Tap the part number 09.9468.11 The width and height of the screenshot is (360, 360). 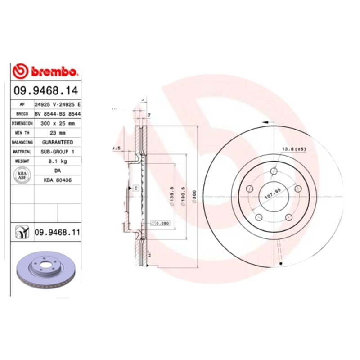(x=57, y=232)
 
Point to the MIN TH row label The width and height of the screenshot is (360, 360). (x=22, y=133)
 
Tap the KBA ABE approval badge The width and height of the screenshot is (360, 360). (x=22, y=175)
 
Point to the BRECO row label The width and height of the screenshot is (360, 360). (x=22, y=114)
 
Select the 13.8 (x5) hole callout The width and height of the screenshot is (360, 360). (x=294, y=148)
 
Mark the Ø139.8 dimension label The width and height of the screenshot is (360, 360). (x=172, y=196)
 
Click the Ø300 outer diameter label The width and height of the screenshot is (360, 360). (x=194, y=197)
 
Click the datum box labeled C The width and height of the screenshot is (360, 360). (x=135, y=187)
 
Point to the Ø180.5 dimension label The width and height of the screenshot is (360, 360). (x=183, y=196)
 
